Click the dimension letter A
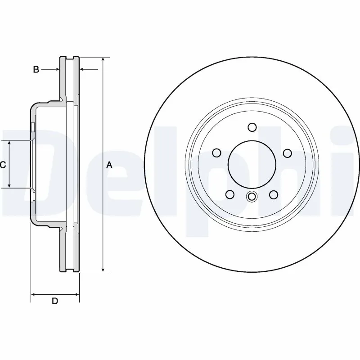(108, 165)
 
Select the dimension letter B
(36, 69)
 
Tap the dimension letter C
(3, 165)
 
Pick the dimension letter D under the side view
(54, 301)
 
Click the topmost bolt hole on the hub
(252, 127)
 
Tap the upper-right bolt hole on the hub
(287, 153)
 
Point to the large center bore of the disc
(252, 164)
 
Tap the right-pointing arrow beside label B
(57, 69)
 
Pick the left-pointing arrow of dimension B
(83, 69)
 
